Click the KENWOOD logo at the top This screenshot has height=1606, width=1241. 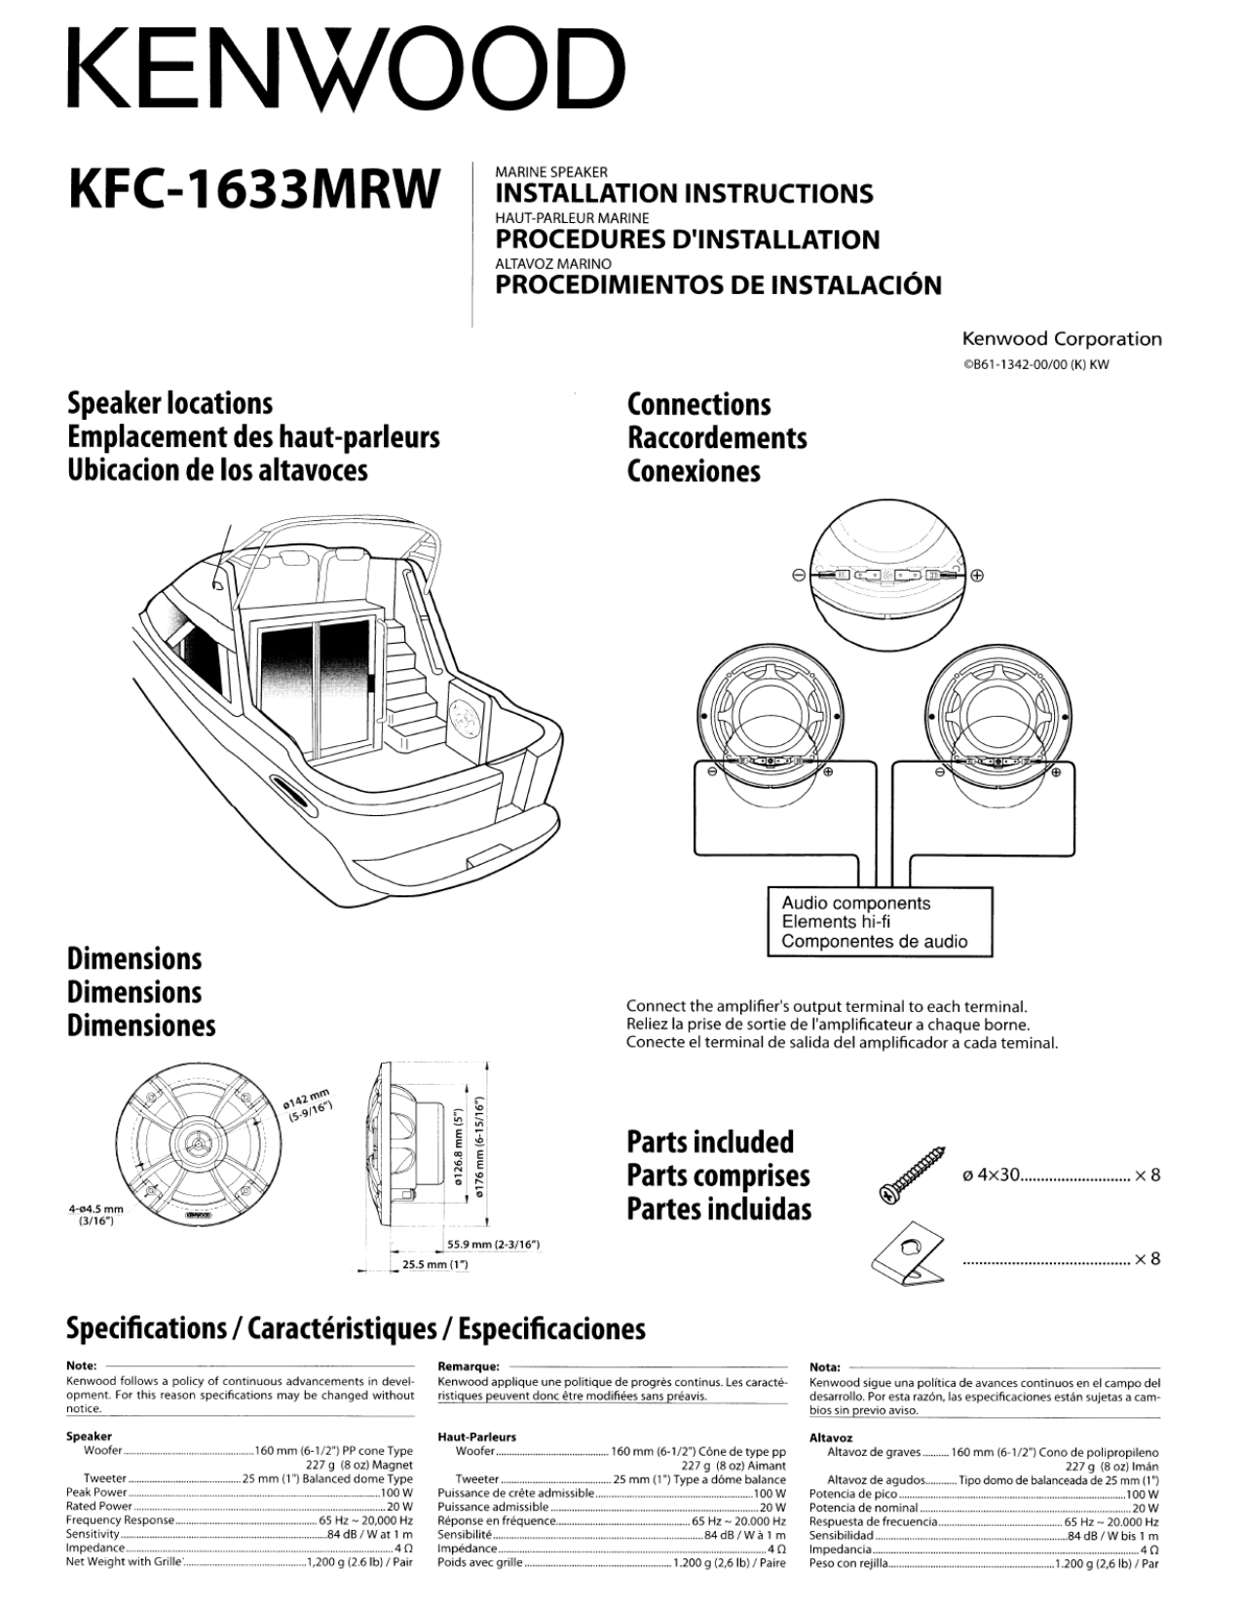tap(346, 67)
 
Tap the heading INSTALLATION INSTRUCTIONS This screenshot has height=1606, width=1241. tap(684, 193)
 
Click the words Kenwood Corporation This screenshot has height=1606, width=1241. tap(1061, 339)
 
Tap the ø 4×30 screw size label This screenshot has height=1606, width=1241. tap(990, 1175)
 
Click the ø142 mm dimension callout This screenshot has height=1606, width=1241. tap(307, 1104)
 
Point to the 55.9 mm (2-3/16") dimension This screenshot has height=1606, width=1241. tap(493, 1245)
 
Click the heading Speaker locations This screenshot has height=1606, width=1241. tap(169, 403)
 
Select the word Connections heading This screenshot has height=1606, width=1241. tap(698, 404)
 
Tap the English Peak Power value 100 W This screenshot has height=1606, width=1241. tap(396, 1492)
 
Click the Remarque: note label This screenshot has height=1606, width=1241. tap(469, 1366)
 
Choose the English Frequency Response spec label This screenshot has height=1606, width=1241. tap(120, 1519)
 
